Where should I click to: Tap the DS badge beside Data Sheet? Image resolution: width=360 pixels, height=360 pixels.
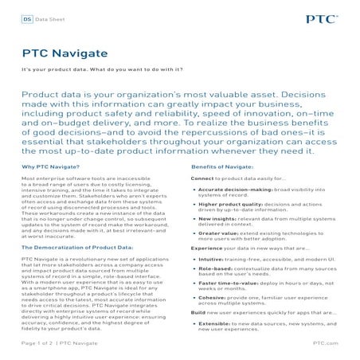27,16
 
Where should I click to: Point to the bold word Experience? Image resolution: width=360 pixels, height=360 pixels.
206,248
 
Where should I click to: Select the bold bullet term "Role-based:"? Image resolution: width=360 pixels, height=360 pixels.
213,269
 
